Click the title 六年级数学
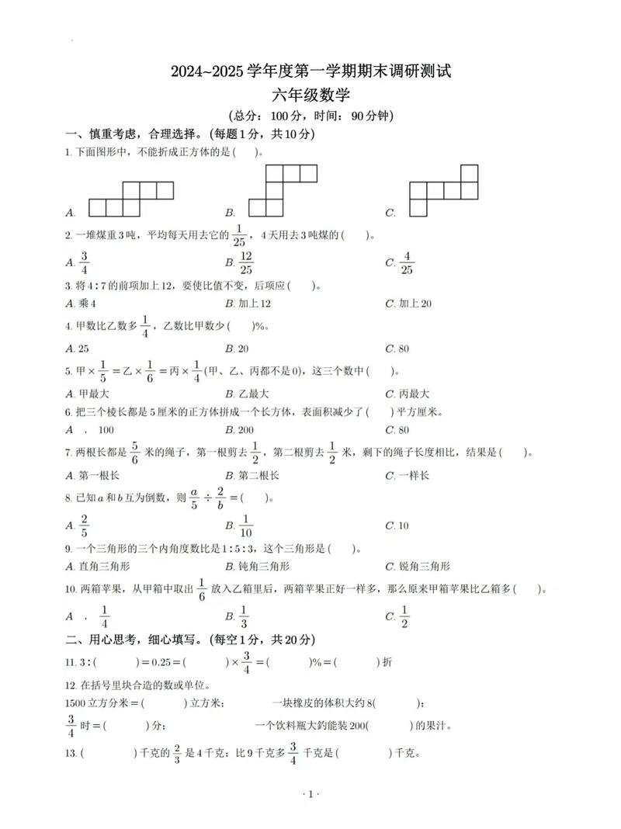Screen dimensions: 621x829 coord(310,95)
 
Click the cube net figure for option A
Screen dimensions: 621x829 coord(130,199)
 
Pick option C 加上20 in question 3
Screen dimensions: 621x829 coord(415,304)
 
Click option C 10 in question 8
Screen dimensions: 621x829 coord(402,525)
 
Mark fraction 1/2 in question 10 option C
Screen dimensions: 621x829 coord(403,616)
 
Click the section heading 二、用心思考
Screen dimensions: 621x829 coord(103,640)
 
